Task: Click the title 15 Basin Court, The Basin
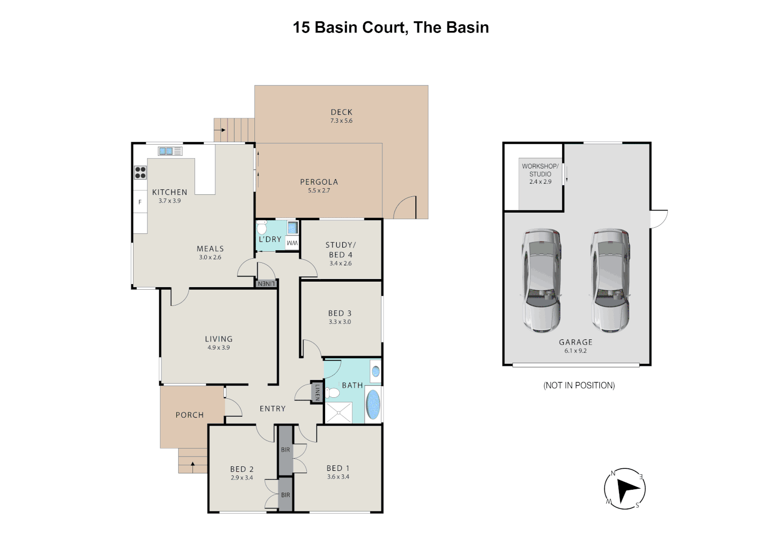(391, 28)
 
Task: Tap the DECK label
(341, 112)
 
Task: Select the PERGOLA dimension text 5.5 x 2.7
(319, 190)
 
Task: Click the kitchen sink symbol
(170, 151)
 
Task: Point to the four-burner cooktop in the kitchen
(140, 173)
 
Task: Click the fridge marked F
(140, 202)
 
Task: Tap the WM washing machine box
(292, 243)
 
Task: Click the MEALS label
(210, 249)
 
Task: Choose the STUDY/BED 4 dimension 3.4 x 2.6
(341, 263)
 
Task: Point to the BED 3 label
(340, 313)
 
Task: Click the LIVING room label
(218, 339)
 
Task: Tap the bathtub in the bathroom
(373, 404)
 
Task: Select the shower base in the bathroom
(338, 413)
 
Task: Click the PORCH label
(189, 415)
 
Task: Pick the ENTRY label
(273, 408)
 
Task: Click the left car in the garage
(541, 281)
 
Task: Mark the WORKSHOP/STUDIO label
(540, 170)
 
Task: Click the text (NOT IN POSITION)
(579, 385)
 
